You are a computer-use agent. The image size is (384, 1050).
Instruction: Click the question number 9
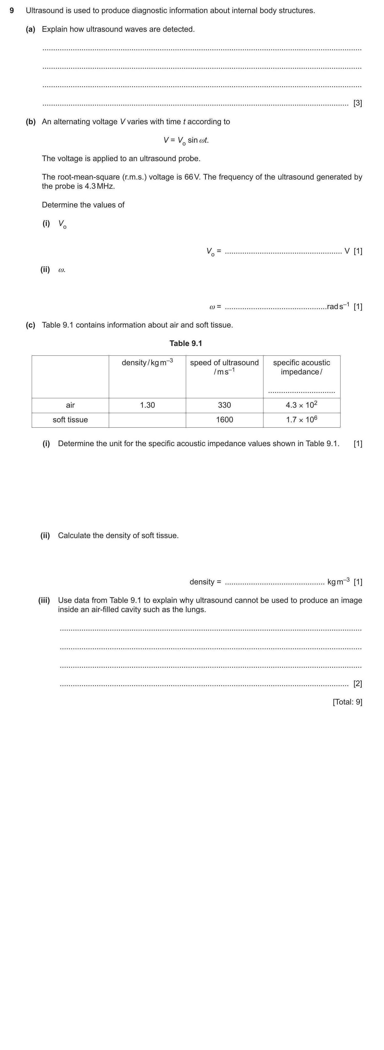point(12,10)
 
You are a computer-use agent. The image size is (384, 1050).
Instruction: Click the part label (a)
point(30,29)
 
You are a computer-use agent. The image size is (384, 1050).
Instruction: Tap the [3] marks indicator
point(357,103)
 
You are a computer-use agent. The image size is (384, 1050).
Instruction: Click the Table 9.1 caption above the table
point(186,343)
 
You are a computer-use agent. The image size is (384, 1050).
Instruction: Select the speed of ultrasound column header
point(224,367)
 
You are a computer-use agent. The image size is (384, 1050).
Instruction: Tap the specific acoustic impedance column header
point(301,367)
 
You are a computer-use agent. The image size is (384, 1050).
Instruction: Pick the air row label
point(70,405)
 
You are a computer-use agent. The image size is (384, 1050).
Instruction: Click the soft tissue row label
point(70,420)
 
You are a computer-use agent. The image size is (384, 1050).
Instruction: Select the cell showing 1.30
point(147,405)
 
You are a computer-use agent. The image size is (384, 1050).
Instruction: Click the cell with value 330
point(224,405)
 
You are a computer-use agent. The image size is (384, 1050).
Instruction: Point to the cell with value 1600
point(224,420)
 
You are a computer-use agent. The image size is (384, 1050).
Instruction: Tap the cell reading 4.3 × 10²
point(301,405)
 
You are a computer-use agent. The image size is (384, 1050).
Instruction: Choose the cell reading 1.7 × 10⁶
point(301,420)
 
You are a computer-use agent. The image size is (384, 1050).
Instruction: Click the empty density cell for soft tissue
point(147,420)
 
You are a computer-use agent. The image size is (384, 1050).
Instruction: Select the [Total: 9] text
point(347,702)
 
